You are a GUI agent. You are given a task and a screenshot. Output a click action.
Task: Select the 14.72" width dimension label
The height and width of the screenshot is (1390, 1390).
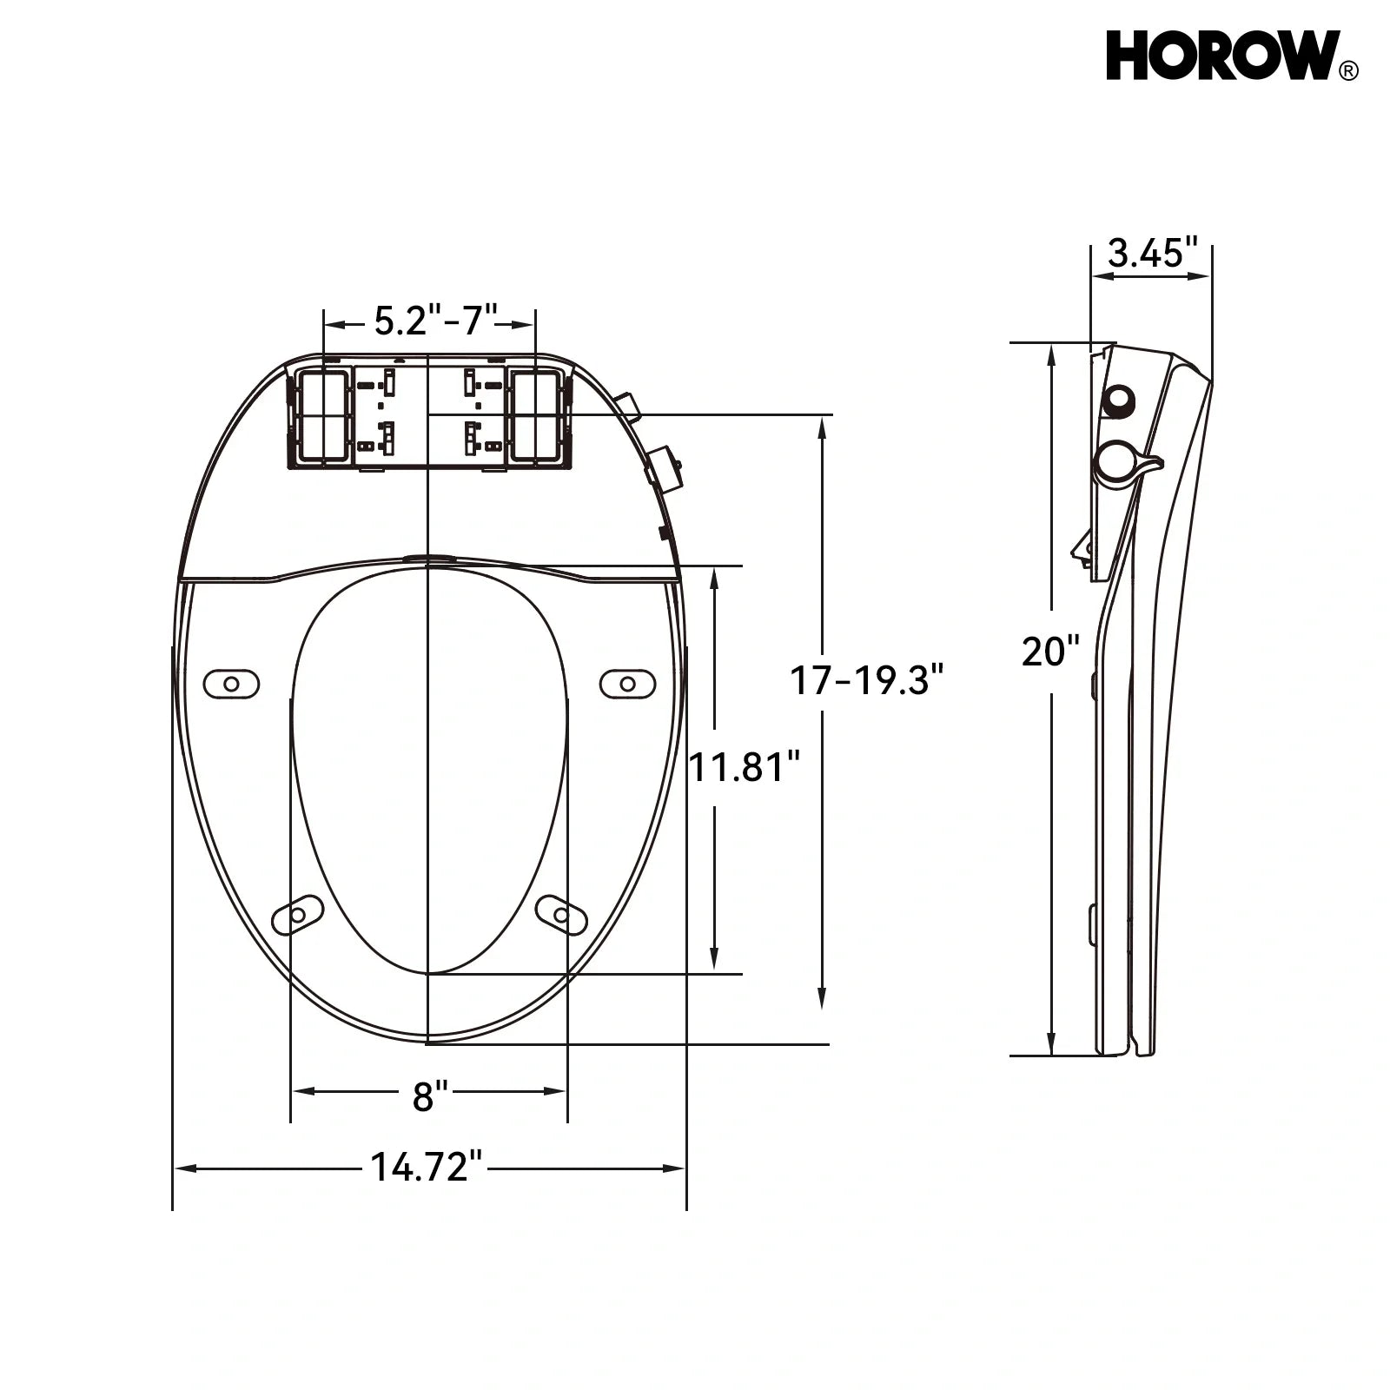[x=427, y=1167]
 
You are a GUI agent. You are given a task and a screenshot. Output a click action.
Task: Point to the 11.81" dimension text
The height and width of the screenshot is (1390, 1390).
[x=744, y=767]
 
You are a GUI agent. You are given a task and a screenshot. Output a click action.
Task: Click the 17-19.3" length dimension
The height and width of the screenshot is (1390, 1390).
[x=865, y=680]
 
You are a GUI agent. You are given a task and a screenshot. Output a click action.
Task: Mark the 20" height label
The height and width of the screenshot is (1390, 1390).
[x=1050, y=652]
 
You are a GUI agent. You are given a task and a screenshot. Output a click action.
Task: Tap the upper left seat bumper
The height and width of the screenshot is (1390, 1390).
[x=231, y=684]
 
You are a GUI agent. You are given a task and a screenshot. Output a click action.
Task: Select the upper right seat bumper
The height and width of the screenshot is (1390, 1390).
[x=628, y=684]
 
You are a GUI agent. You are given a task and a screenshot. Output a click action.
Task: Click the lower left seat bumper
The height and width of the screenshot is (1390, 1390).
[x=297, y=915]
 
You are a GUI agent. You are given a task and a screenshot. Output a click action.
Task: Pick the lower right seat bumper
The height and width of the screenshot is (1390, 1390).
[x=561, y=915]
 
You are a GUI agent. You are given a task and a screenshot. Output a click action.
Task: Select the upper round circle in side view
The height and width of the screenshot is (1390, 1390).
[x=1118, y=400]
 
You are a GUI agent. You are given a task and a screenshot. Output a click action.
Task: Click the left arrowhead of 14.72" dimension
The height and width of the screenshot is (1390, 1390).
[x=184, y=1168]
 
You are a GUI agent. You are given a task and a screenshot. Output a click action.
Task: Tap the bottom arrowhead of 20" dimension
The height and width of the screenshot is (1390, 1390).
[x=1052, y=1046]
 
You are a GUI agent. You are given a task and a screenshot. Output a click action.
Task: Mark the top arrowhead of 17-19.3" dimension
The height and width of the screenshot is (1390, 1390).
[x=822, y=426]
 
